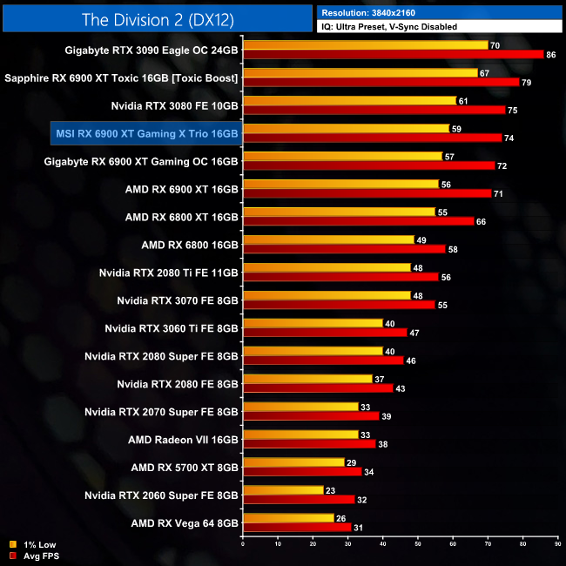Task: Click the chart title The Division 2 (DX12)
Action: point(157,19)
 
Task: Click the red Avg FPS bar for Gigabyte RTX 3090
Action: point(393,55)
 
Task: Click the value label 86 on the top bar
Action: point(550,55)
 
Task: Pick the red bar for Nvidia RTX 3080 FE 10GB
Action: point(374,111)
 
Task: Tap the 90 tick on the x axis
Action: point(557,546)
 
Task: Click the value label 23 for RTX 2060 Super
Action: point(332,490)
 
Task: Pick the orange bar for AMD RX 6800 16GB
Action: point(328,239)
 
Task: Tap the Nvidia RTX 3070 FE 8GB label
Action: point(178,300)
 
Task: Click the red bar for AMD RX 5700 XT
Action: point(301,472)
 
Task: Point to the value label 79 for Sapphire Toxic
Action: point(526,83)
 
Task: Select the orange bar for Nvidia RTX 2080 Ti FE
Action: point(327,267)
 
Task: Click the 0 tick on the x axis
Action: point(243,546)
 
